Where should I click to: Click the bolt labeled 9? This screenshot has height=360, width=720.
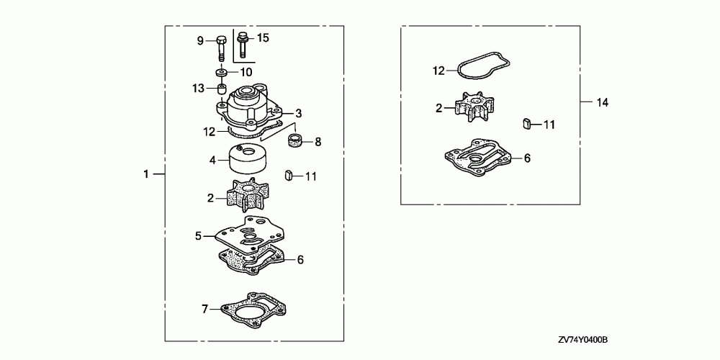point(220,48)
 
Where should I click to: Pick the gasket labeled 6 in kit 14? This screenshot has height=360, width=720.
point(476,156)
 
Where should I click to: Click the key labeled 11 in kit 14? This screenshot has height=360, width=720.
point(527,123)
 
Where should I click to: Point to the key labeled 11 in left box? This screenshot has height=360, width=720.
point(289,174)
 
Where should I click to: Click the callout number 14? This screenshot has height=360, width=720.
point(602,103)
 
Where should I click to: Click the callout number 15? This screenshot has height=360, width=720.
point(263,37)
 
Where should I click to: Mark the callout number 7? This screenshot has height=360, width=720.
point(204,309)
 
